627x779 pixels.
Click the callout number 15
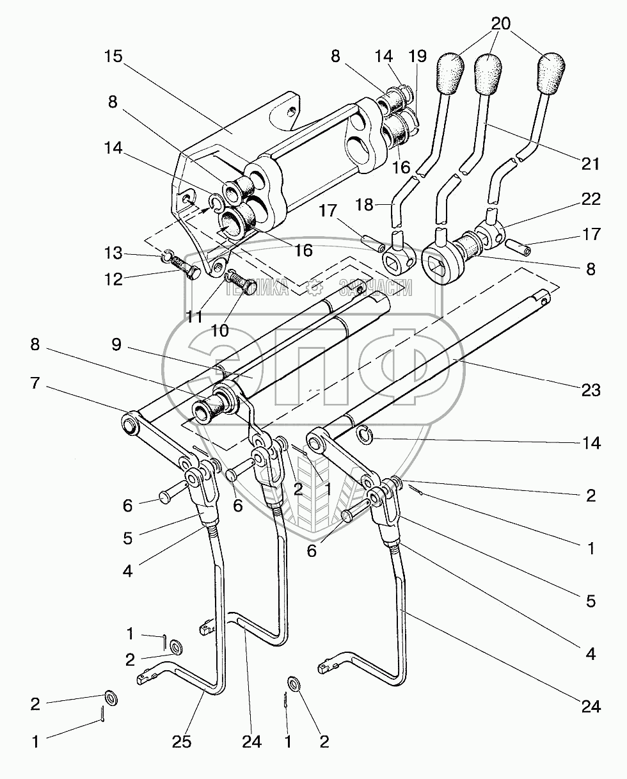(113, 57)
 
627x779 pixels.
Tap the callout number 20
(501, 24)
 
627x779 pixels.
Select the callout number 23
(591, 390)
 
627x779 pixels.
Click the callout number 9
(116, 344)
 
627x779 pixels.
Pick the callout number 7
(35, 383)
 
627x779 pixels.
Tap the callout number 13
(113, 253)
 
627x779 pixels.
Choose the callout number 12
(113, 279)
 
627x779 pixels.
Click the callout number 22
(591, 199)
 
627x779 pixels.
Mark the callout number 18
(364, 205)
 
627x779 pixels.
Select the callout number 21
(590, 164)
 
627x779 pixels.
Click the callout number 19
(417, 56)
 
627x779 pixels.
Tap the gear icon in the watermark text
(313, 288)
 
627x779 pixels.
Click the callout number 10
(220, 330)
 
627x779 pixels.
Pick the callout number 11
(194, 317)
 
